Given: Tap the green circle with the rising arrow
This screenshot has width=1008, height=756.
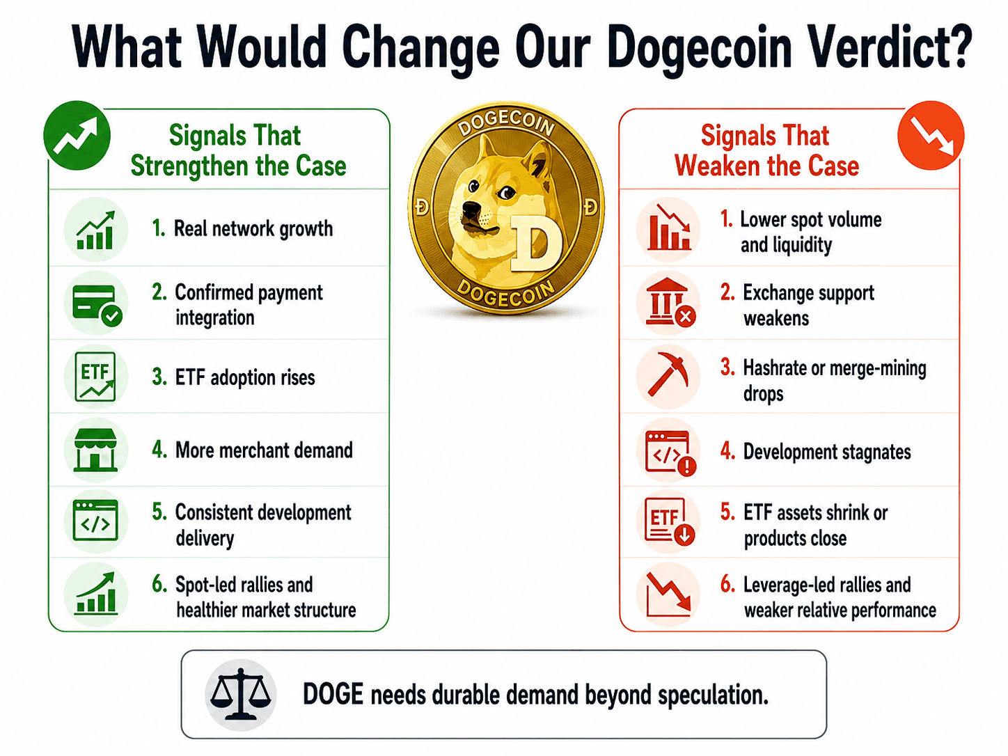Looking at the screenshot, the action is click(x=77, y=136).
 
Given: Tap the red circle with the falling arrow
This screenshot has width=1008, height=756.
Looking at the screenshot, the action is click(x=931, y=136).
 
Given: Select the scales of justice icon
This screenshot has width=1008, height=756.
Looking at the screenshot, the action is click(x=240, y=694).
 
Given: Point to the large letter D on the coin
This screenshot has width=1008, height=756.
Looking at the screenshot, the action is click(x=536, y=243).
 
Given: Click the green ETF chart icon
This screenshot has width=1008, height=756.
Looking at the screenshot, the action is click(x=95, y=377).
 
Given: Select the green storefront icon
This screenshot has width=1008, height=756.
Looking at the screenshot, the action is click(x=95, y=450).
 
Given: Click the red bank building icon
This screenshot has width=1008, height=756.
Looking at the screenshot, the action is click(x=670, y=303).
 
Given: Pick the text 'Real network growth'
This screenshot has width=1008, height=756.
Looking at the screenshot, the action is click(x=253, y=229).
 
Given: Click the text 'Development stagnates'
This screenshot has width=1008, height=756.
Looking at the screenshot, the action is click(x=827, y=452).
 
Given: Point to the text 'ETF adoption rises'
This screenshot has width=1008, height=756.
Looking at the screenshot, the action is click(x=245, y=377).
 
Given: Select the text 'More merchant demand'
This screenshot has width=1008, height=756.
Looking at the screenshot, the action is click(x=264, y=450).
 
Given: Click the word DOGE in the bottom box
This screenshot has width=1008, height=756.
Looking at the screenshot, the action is click(x=333, y=694).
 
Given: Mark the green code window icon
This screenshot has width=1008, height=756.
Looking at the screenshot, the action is click(x=95, y=521).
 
